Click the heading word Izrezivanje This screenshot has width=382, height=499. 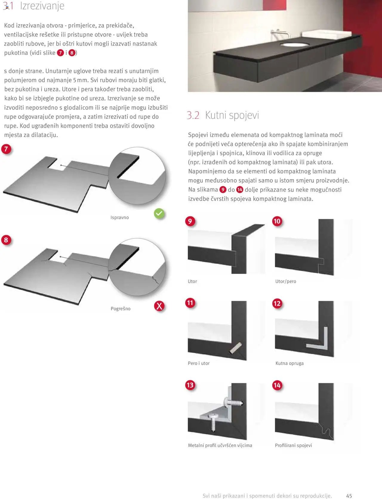[x=42, y=6]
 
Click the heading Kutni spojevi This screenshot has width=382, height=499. [x=232, y=115]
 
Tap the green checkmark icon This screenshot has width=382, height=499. [x=159, y=213]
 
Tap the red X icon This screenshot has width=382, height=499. [x=159, y=306]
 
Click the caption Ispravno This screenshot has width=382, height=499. [x=119, y=218]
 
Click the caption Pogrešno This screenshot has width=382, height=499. [x=120, y=309]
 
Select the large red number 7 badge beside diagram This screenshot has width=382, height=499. [x=6, y=149]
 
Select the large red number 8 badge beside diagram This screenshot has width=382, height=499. [x=6, y=240]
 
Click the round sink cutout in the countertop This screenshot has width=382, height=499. [x=295, y=45]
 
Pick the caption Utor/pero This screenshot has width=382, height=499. [x=286, y=281]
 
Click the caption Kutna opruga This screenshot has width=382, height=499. [x=289, y=363]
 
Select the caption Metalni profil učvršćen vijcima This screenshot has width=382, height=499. [x=220, y=445]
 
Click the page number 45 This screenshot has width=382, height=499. [x=349, y=496]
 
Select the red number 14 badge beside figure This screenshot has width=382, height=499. [x=277, y=385]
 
